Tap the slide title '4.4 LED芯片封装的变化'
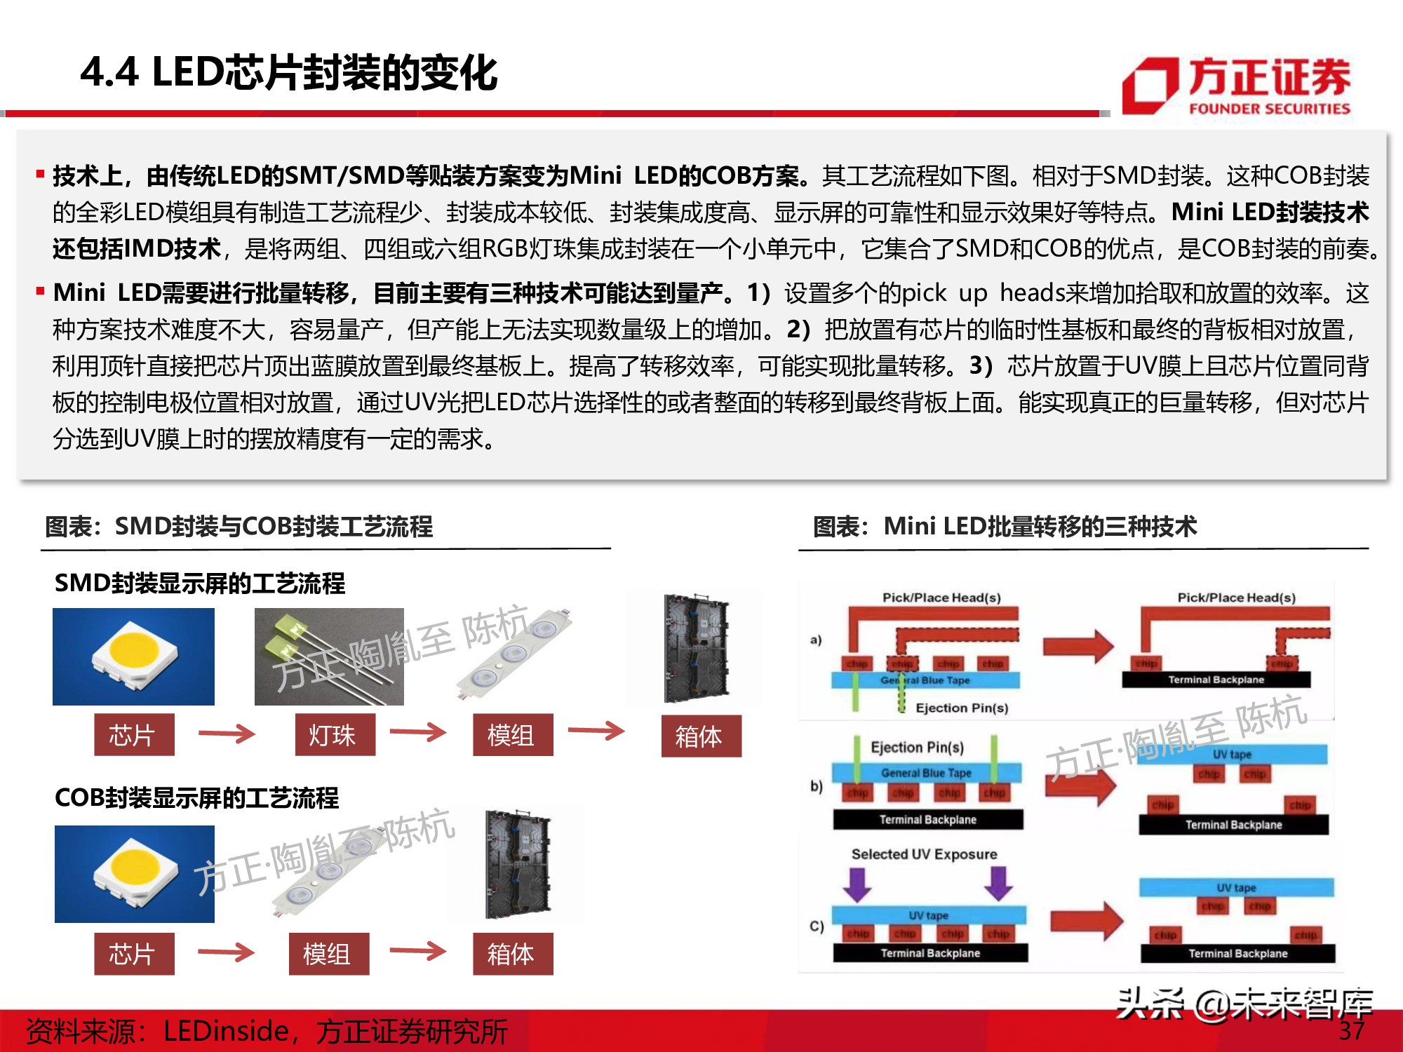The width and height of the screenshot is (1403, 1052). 288,72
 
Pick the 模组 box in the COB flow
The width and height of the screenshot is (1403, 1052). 328,954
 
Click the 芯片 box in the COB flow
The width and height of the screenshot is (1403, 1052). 134,954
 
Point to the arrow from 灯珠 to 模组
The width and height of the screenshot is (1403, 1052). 417,733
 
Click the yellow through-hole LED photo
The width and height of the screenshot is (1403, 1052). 328,656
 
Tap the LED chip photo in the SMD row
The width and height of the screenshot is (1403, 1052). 133,656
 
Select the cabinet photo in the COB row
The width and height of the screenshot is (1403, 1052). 518,864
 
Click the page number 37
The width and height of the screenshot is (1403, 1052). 1351,1030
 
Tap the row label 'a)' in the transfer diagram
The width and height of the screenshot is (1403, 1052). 815,640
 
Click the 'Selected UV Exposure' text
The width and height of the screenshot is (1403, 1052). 924,854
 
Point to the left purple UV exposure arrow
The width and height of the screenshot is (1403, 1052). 857,884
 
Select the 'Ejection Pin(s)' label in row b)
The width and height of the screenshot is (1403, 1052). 917,747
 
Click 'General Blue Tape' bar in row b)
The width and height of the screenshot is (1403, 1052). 926,773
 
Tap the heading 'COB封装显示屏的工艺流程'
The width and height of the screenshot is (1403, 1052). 196,797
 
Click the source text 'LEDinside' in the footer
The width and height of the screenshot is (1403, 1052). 226,1031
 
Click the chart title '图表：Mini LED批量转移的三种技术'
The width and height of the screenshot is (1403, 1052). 1004,526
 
